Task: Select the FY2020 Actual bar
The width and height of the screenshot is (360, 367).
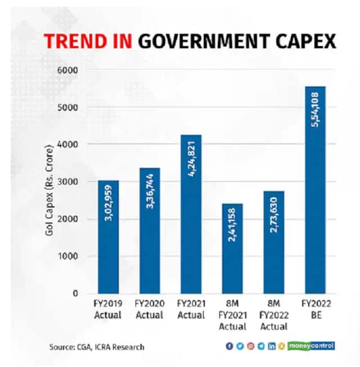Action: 150,230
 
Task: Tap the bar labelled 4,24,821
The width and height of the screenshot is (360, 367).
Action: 191,214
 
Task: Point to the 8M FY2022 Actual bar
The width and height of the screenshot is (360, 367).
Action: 273,242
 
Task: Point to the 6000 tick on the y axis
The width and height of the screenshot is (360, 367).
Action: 69,70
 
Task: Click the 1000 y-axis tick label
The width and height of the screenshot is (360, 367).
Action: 69,256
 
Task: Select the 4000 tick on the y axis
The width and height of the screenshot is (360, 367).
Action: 69,144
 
